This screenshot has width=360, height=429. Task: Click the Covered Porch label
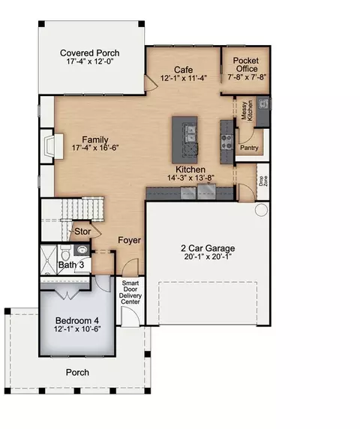(90, 52)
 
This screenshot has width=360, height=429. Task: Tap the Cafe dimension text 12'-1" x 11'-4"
(183, 78)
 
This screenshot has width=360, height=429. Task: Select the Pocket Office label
(246, 64)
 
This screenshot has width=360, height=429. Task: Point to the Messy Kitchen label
(247, 110)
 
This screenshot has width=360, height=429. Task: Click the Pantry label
(249, 148)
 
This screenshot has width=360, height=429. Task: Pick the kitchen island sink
(190, 133)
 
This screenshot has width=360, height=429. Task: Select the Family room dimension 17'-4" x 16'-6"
(95, 148)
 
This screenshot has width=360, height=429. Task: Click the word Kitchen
(190, 169)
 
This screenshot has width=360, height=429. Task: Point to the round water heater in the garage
(261, 210)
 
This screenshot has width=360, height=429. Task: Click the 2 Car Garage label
(208, 248)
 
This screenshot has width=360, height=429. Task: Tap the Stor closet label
(82, 232)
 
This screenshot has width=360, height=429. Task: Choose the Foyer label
(130, 240)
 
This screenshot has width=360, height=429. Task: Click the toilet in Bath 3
(66, 253)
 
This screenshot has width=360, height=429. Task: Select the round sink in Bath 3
(82, 250)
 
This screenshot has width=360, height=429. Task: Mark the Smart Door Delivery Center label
(130, 292)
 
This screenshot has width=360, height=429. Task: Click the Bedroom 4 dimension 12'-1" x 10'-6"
(77, 328)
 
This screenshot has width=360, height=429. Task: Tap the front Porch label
(77, 372)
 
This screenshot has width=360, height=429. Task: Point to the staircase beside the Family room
(83, 209)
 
